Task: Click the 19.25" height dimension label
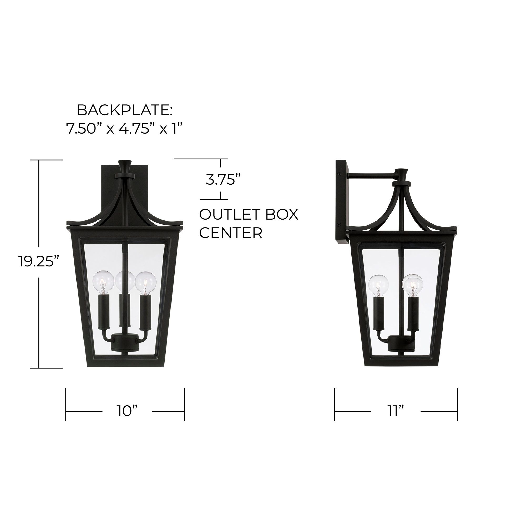coord(39,261)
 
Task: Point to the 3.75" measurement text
coord(223,180)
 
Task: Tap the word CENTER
coord(231,233)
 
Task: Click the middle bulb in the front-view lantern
coord(125,281)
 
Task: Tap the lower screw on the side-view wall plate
coord(339,232)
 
